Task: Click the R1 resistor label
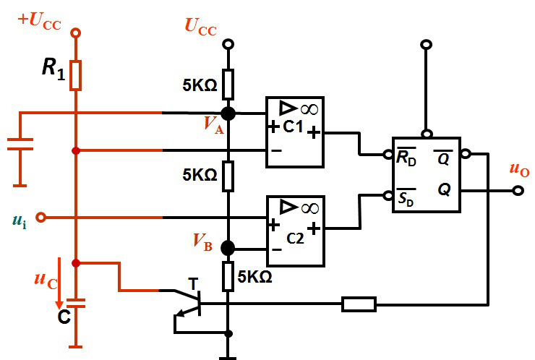point(54,69)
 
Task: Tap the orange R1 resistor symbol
point(75,75)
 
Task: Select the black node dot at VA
point(228,113)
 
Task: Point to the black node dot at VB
point(228,248)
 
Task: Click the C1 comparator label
point(293,127)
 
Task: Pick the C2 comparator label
point(295,238)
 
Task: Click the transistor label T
point(193,284)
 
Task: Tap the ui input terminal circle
point(41,217)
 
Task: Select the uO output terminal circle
point(518,191)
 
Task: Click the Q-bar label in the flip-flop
point(443,158)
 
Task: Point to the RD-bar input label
point(406,157)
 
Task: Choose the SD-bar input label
point(406,197)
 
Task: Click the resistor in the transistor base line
point(359,304)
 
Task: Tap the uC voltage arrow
point(59,283)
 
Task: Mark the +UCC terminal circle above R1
point(75,33)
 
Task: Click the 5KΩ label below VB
point(255,277)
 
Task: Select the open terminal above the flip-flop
point(426,44)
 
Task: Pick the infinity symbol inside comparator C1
point(309,109)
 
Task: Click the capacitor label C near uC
point(64,317)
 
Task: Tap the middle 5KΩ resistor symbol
point(228,176)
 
